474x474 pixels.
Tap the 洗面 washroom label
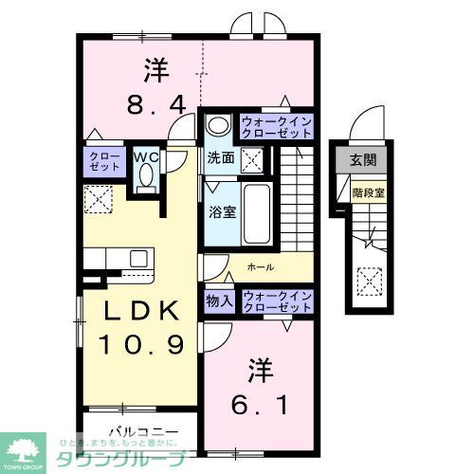(221, 157)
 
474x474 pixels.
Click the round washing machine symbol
(219, 125)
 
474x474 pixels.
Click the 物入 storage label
(219, 301)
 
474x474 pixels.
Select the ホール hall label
(261, 267)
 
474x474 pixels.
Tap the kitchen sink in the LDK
(138, 259)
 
